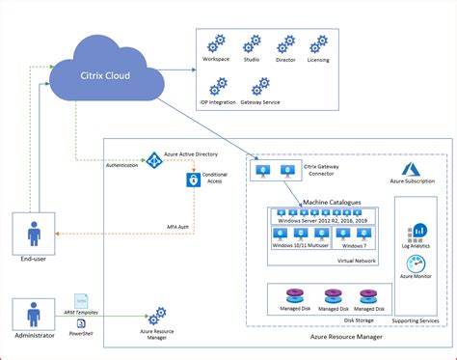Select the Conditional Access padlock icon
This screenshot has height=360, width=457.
[193, 180]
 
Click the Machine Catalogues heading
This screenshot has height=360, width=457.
[332, 203]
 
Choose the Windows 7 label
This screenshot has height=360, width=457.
[355, 244]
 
